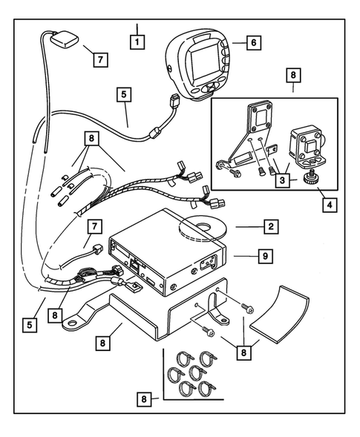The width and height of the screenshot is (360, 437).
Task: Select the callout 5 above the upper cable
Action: pos(124,95)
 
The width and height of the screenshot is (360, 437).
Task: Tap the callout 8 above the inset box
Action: pos(293,77)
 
